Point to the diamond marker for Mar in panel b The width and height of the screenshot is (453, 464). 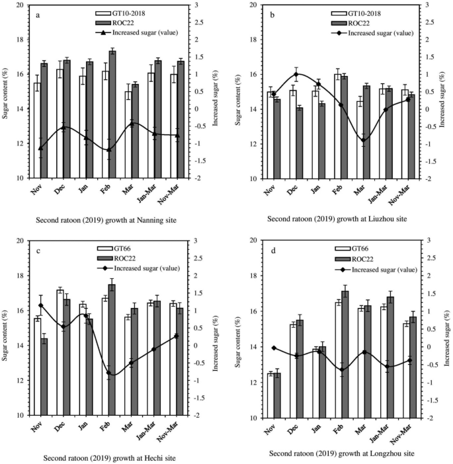(x=363, y=140)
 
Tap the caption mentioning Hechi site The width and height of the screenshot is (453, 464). (x=109, y=457)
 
